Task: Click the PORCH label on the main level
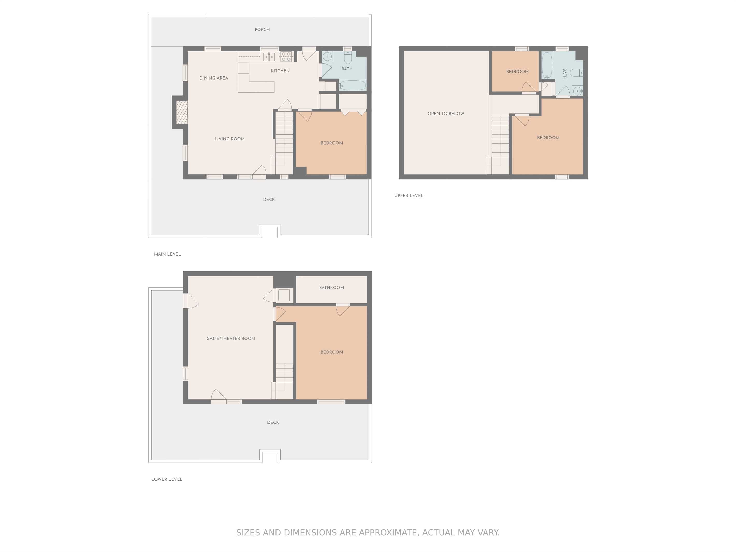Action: (x=262, y=30)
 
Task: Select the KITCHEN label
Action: (x=280, y=71)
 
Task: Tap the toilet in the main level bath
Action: (x=348, y=57)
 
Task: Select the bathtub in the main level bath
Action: (x=353, y=86)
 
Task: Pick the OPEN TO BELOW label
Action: (x=446, y=114)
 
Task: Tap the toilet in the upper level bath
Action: (x=576, y=72)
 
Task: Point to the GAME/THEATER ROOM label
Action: (x=231, y=339)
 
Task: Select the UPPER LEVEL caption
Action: (x=409, y=196)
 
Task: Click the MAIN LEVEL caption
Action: (x=167, y=254)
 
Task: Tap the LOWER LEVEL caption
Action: (x=167, y=479)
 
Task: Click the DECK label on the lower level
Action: (x=273, y=423)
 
